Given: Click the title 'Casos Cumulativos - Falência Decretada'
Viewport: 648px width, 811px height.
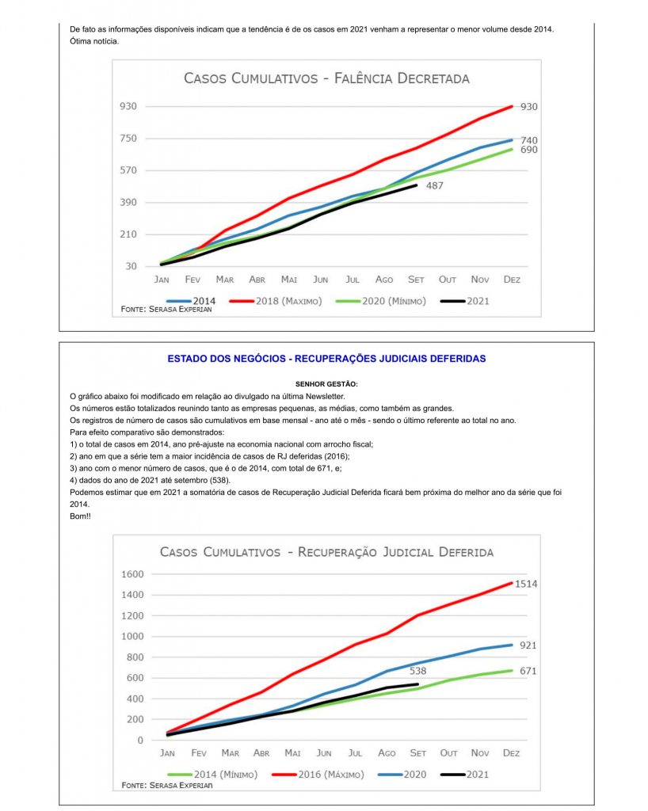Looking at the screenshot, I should point(326,78).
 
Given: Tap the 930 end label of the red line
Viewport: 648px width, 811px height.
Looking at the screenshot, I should point(529,106).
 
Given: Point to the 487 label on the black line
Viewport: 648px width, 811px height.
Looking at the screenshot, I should point(434,185).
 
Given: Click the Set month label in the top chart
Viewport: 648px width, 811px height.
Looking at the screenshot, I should point(416,280).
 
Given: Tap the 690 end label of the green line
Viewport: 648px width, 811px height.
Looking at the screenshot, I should point(529,149).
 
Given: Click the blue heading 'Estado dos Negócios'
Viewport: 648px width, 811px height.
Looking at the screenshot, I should point(326,359).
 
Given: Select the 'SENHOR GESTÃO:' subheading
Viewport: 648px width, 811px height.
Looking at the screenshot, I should point(326,384).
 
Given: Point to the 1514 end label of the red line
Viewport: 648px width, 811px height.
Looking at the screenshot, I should point(526,584).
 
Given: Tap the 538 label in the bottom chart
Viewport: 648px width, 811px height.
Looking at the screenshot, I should point(417,671).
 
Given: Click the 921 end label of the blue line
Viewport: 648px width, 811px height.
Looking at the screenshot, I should point(528,645).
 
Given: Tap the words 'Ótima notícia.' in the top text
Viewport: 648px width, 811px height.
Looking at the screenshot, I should point(93,41).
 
